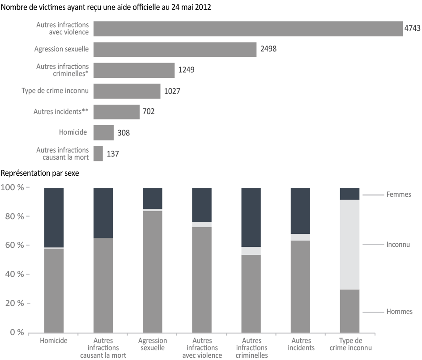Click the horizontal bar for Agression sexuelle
(x=175, y=50)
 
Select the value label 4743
(x=412, y=28)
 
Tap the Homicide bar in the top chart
(x=104, y=132)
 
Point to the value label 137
(x=113, y=154)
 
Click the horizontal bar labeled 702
(x=116, y=112)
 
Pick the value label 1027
(x=172, y=91)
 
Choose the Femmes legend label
(x=399, y=195)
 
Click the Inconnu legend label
(x=398, y=244)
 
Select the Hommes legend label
(x=399, y=312)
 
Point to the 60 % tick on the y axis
(x=28, y=245)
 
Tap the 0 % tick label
(x=17, y=332)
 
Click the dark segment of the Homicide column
(x=54, y=217)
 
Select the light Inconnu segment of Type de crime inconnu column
(x=350, y=245)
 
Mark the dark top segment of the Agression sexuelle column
(x=153, y=199)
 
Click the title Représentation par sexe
(x=40, y=173)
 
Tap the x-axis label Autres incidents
(x=301, y=344)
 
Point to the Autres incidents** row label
(x=61, y=111)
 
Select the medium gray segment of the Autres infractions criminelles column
(x=251, y=294)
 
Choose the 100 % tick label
(x=13, y=187)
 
